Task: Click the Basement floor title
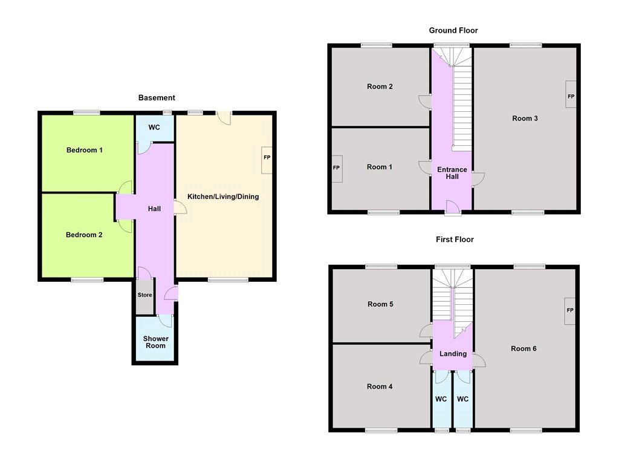pyautogui.click(x=157, y=97)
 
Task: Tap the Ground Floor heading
pyautogui.click(x=453, y=30)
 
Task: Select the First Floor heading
pyautogui.click(x=455, y=240)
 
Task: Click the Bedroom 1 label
pyautogui.click(x=85, y=150)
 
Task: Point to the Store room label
pyautogui.click(x=145, y=295)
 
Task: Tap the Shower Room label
pyautogui.click(x=155, y=342)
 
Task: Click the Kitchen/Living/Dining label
pyautogui.click(x=223, y=197)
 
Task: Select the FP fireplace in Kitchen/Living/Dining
pyautogui.click(x=267, y=160)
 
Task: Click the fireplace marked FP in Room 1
pyautogui.click(x=337, y=169)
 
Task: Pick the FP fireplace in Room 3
pyautogui.click(x=571, y=94)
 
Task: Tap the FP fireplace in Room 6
pyautogui.click(x=570, y=311)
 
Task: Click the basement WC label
pyautogui.click(x=154, y=127)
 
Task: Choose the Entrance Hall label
pyautogui.click(x=452, y=173)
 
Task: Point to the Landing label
pyautogui.click(x=453, y=354)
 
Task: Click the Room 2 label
pyautogui.click(x=380, y=86)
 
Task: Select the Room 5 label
pyautogui.click(x=380, y=304)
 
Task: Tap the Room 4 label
pyautogui.click(x=380, y=386)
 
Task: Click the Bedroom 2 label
pyautogui.click(x=84, y=235)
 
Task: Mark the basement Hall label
pyautogui.click(x=154, y=209)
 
